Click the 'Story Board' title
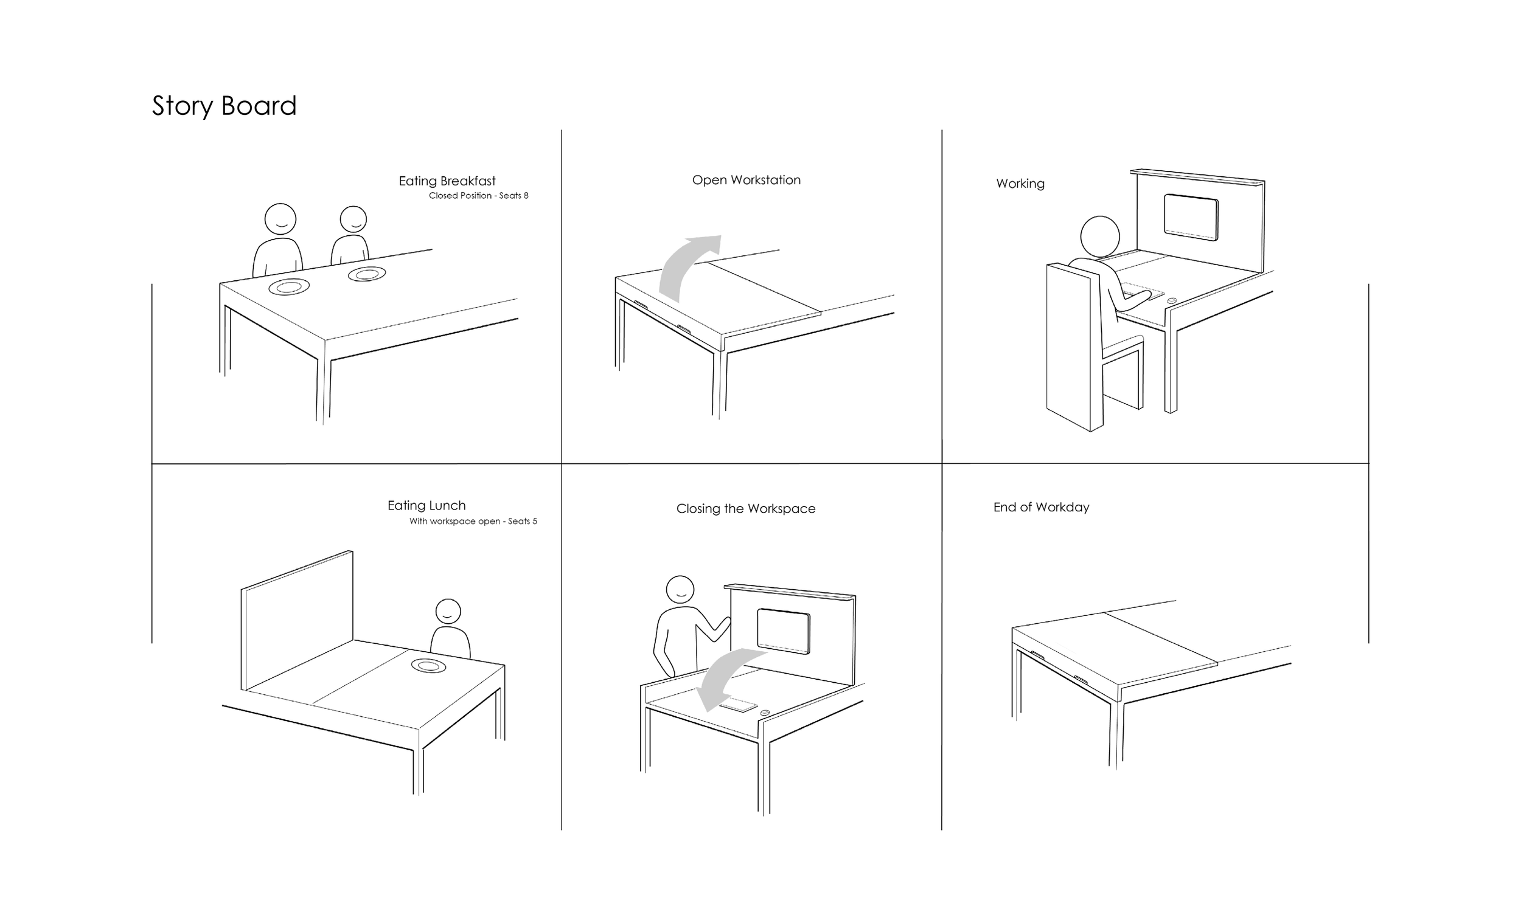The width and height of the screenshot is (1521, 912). pos(224,106)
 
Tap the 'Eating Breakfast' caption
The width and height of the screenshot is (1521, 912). pos(447,181)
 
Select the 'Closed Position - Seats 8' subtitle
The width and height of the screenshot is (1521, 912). pos(478,195)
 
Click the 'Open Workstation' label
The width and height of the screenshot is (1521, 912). pos(747,180)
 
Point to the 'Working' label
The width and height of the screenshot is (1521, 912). pos(1020,184)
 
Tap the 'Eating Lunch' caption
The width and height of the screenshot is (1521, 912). pos(426,505)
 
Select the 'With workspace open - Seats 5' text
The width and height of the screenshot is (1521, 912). pos(473,521)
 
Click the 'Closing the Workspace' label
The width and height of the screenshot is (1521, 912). pos(746,509)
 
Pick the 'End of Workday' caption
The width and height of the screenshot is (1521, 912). pos(1042,507)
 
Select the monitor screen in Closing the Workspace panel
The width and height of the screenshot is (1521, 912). pos(782,631)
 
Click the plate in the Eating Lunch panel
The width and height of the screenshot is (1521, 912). pos(428,666)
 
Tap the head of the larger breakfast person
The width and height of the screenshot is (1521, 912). pos(280,219)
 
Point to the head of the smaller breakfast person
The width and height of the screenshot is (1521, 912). pos(353,219)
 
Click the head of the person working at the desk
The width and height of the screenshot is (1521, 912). pos(1100,237)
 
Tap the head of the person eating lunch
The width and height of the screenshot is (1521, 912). pos(448,612)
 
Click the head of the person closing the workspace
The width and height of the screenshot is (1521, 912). pos(680,590)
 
